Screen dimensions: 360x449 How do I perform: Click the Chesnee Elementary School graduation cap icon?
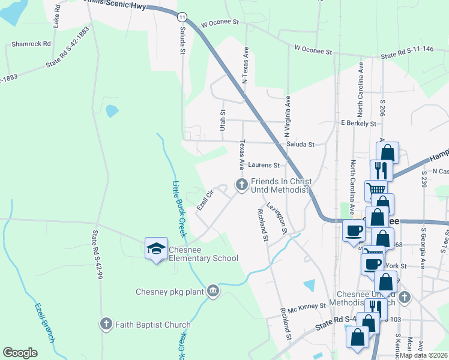click(156, 248)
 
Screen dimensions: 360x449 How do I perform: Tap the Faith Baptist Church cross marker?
click(106, 325)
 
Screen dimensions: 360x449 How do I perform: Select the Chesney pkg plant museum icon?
click(212, 292)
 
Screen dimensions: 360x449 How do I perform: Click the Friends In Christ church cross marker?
click(241, 185)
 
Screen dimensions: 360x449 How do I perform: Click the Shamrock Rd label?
click(31, 44)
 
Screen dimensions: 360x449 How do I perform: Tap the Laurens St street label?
click(264, 165)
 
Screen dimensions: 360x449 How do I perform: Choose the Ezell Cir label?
click(205, 200)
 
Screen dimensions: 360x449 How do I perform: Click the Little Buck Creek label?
click(178, 208)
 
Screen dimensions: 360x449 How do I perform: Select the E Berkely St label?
click(358, 123)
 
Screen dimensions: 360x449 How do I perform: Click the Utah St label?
click(222, 120)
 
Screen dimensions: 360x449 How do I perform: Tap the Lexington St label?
click(276, 217)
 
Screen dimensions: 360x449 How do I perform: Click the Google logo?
click(20, 353)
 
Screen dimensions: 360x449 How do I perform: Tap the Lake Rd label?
click(56, 19)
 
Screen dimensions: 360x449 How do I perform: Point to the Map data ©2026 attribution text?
click(424, 355)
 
